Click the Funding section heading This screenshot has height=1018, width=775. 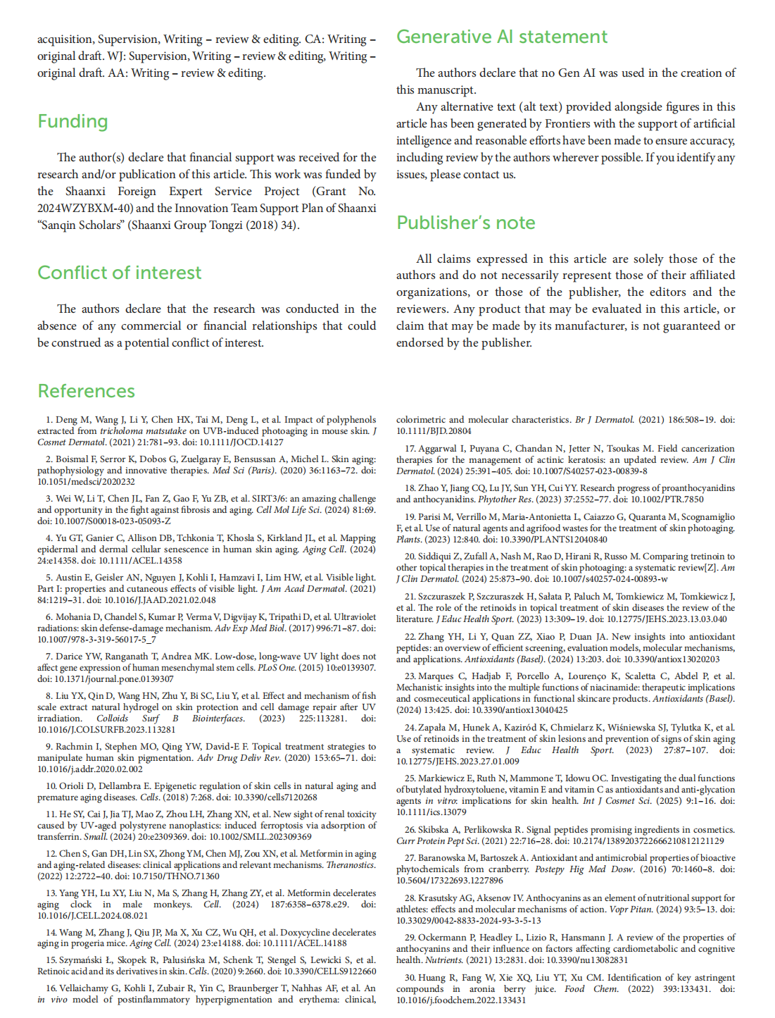[73, 122]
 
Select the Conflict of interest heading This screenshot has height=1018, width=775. [119, 273]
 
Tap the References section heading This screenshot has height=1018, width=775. [86, 391]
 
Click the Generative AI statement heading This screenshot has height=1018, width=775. [501, 37]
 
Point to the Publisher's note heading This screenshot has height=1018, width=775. [465, 223]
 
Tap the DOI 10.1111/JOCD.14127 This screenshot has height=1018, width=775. [240, 442]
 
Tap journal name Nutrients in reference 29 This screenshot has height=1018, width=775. [445, 960]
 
